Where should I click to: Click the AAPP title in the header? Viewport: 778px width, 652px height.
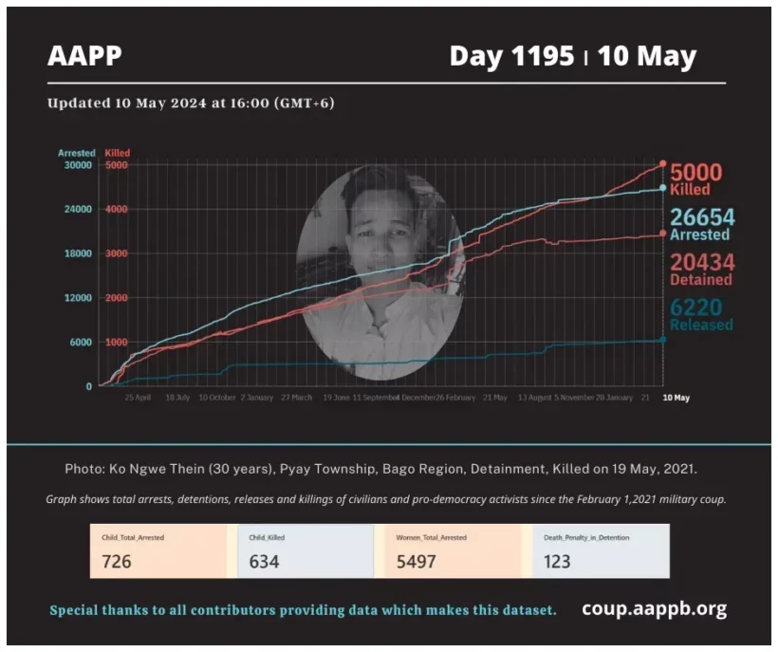click(x=84, y=57)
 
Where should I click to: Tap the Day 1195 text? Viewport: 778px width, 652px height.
click(x=511, y=57)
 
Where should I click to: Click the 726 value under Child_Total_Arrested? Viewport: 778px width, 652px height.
click(x=117, y=561)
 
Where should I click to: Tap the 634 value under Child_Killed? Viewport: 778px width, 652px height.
click(x=264, y=561)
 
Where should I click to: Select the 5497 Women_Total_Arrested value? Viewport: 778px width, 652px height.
click(x=417, y=561)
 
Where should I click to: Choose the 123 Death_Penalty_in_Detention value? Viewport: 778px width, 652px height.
click(x=557, y=561)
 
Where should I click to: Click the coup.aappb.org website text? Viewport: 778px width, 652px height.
click(x=654, y=608)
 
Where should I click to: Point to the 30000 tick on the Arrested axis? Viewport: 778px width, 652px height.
click(x=77, y=165)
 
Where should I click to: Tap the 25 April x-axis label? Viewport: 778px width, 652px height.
click(x=138, y=398)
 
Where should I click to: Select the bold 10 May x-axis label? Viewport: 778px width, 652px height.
click(x=676, y=398)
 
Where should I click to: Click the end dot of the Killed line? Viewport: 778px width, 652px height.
click(x=662, y=164)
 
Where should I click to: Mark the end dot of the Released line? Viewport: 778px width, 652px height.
click(x=662, y=339)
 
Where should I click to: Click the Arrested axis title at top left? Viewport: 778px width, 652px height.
click(x=77, y=153)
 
